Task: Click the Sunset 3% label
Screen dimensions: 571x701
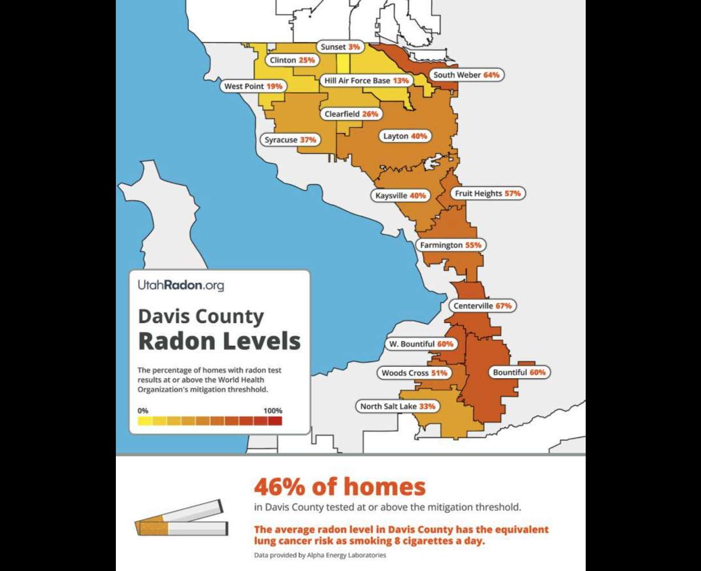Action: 340,47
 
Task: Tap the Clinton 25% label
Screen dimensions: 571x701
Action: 292,60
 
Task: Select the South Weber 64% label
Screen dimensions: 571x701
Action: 466,75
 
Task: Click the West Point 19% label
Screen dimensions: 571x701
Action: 253,86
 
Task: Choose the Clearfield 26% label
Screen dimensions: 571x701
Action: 351,114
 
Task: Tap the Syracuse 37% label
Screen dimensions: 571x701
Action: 290,139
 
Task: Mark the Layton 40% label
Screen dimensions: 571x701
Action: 404,136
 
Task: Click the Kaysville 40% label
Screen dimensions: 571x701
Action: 401,195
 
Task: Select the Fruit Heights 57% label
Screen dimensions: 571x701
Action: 488,194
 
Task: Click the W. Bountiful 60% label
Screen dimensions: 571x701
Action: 421,344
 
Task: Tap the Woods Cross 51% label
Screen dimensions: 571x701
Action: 414,373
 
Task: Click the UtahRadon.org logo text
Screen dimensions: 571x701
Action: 180,285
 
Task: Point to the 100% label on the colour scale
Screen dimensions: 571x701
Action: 272,411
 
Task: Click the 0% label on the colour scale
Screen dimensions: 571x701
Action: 143,411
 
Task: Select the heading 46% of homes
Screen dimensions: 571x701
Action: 340,487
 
